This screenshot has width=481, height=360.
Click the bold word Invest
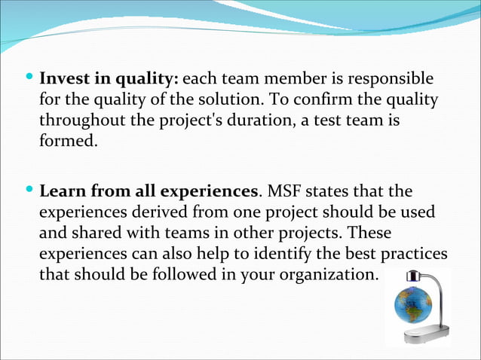click(65, 78)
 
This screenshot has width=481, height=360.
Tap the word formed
click(68, 141)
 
